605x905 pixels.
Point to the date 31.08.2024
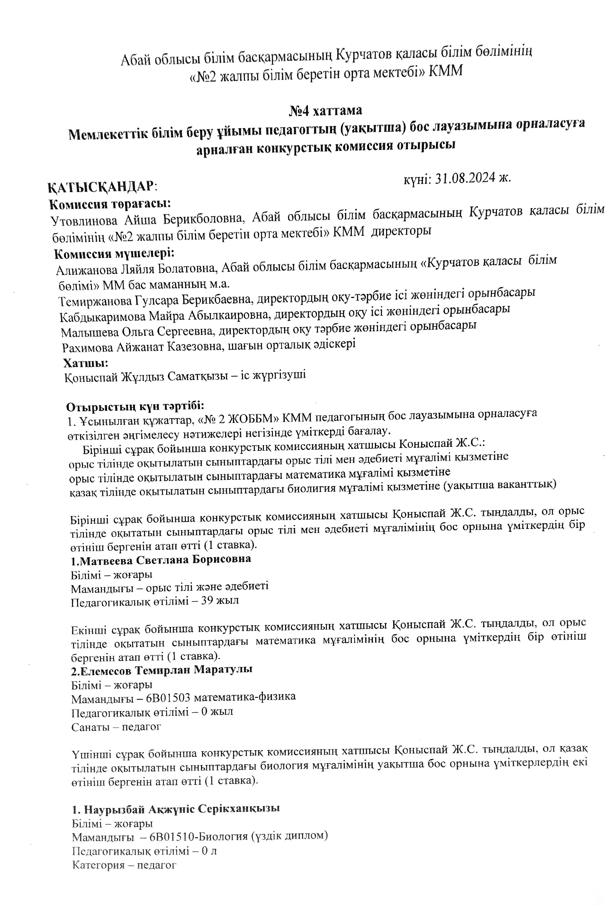(465, 178)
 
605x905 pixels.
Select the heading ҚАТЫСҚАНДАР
(102, 187)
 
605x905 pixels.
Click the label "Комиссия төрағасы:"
(110, 204)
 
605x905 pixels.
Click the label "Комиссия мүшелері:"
(114, 254)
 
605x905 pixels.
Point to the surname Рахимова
(87, 348)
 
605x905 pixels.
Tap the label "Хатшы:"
(86, 363)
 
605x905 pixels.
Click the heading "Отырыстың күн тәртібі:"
(135, 407)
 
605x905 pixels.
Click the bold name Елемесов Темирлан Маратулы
(162, 670)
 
